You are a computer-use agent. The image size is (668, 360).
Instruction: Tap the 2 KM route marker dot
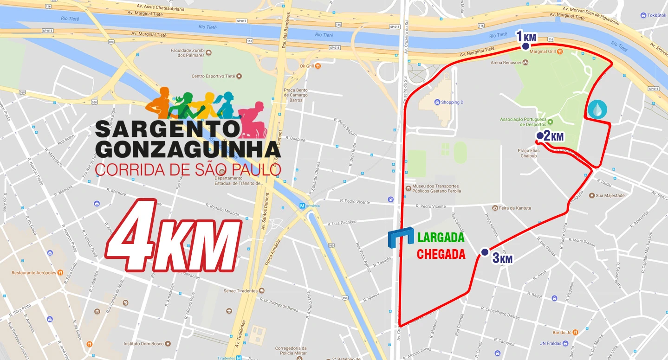(x=540, y=135)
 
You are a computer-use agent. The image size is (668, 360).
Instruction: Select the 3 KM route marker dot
(x=485, y=252)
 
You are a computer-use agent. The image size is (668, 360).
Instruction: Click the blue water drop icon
(x=597, y=109)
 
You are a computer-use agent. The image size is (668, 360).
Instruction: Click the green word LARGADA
(x=441, y=238)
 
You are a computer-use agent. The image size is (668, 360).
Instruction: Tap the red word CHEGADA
(x=441, y=254)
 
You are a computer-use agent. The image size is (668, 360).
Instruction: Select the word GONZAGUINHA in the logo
(x=188, y=149)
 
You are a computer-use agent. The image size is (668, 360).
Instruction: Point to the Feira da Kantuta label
(x=515, y=208)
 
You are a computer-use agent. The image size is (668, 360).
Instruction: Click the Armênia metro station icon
(x=303, y=206)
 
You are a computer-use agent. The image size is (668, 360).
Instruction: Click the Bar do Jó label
(x=562, y=332)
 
